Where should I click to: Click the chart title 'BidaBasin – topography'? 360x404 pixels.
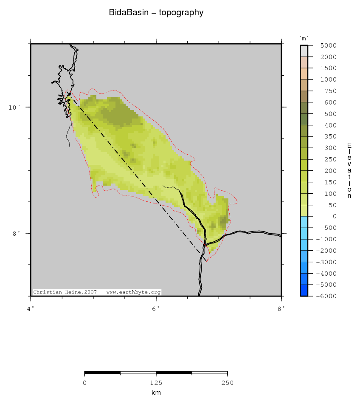156,13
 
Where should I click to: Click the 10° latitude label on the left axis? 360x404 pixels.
14,107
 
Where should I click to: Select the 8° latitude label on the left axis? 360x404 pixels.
16,233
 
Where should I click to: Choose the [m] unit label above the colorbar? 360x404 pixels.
304,39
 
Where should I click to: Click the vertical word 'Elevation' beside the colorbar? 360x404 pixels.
349,171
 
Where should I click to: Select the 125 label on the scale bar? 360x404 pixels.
156,383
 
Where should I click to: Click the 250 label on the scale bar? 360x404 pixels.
228,383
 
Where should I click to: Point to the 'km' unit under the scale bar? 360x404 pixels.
156,393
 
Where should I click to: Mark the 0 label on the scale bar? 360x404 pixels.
85,383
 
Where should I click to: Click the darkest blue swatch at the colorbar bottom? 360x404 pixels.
304,290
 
